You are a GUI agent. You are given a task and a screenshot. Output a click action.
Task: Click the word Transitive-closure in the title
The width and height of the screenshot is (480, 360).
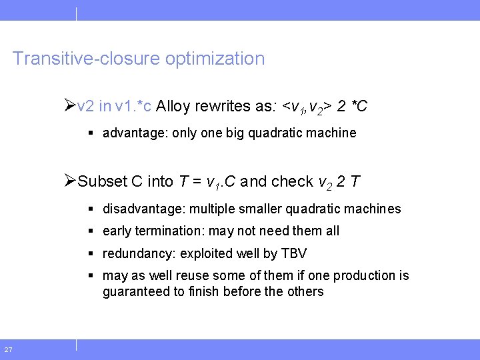click(86, 59)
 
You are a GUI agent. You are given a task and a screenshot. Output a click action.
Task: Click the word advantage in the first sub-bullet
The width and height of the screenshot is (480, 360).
click(133, 133)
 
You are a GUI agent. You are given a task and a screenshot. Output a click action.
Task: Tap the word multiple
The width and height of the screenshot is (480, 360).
click(211, 209)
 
